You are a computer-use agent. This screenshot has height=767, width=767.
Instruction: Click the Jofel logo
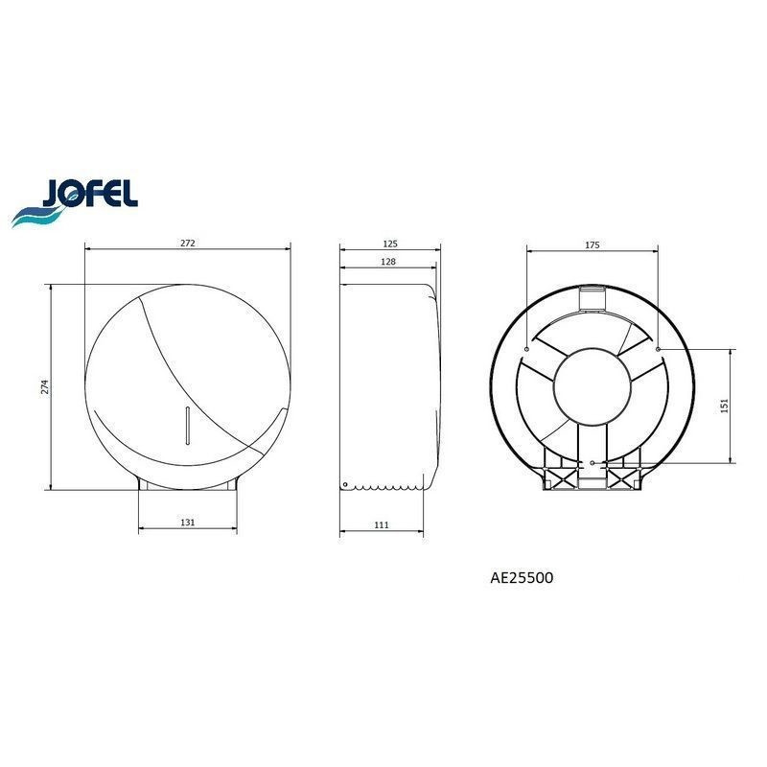[75, 202]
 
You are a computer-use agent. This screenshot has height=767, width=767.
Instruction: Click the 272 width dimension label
[188, 243]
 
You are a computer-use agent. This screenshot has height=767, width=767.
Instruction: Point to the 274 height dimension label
[45, 387]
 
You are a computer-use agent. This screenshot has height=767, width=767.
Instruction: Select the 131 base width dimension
[188, 522]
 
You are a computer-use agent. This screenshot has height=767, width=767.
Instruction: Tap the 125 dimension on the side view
[390, 244]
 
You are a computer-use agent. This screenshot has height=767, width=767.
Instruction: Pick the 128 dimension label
[388, 261]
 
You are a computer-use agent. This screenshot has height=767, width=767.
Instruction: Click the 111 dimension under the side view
[382, 524]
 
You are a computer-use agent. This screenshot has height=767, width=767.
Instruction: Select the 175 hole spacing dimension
[592, 244]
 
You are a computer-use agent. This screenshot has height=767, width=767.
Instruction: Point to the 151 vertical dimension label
[725, 406]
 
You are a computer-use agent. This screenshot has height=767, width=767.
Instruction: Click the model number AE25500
[522, 578]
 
